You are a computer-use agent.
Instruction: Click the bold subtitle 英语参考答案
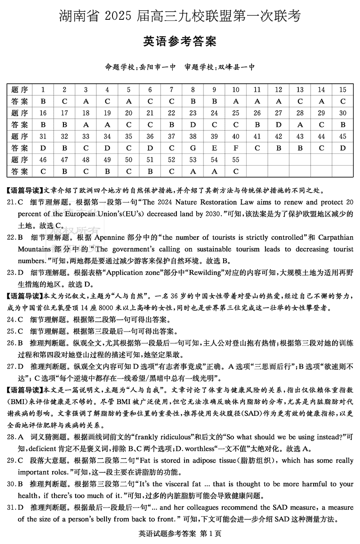[180, 42]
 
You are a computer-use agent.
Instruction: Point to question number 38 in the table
[193, 136]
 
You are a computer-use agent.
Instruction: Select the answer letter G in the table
[193, 148]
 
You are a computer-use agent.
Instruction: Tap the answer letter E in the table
[214, 148]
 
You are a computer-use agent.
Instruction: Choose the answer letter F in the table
[236, 148]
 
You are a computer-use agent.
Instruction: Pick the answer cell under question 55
[236, 171]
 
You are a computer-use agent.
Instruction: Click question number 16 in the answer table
[43, 113]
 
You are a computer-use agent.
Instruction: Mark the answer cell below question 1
[43, 101]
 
